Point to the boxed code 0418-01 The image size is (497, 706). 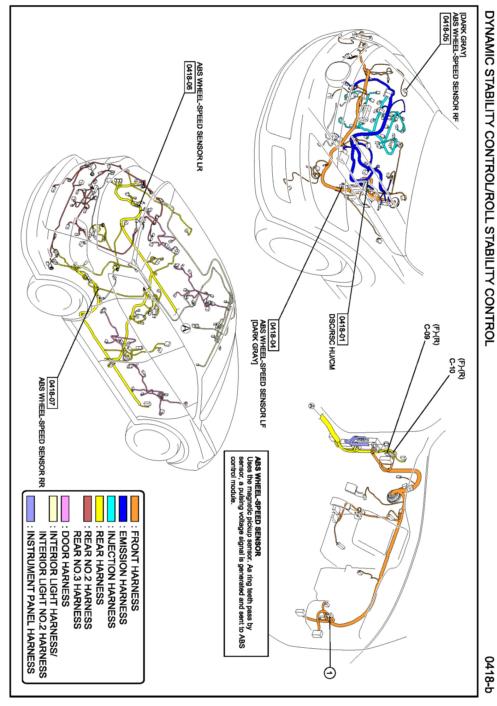coord(342,329)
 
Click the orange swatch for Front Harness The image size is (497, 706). coord(135,508)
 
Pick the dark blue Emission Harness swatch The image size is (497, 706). coord(123,508)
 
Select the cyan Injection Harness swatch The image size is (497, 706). coord(111,508)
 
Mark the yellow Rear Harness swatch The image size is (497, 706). coord(99,508)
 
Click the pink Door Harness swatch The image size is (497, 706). coord(65,508)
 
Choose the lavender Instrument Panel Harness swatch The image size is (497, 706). coord(31,508)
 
